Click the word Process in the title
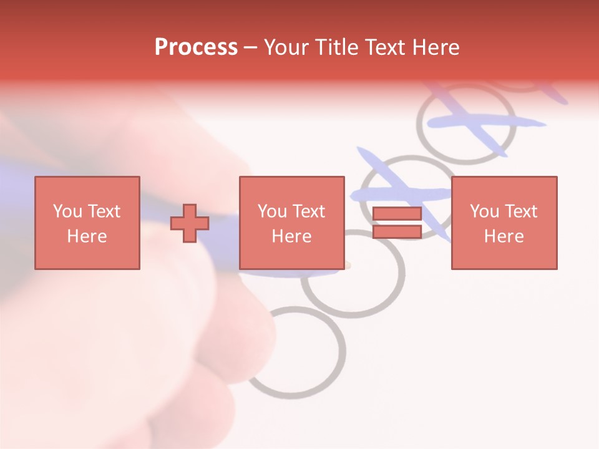(x=196, y=47)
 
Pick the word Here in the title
(x=436, y=47)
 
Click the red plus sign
(x=190, y=223)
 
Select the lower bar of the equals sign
(x=397, y=232)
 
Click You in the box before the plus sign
(x=67, y=211)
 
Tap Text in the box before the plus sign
(x=103, y=211)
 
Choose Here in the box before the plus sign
(x=87, y=236)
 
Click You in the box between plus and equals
(x=272, y=211)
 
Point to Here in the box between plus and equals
(x=291, y=236)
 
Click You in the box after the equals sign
(x=484, y=211)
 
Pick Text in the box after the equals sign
(x=520, y=211)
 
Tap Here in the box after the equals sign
(x=504, y=236)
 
